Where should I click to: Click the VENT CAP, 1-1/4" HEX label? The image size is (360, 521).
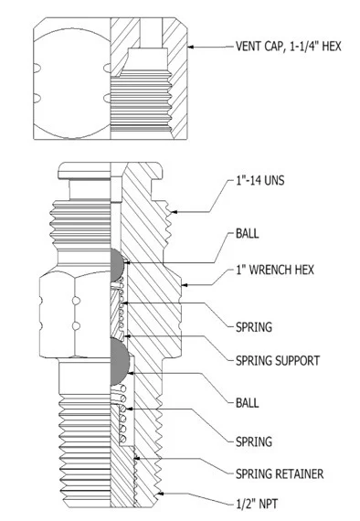coord(288,47)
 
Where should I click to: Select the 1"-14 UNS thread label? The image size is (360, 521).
coord(260,180)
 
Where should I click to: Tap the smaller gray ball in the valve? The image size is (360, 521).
coord(117,264)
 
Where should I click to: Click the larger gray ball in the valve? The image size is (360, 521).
coord(119,362)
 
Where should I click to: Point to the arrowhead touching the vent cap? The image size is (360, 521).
coord(190,47)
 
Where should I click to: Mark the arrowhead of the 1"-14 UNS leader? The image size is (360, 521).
coord(173,212)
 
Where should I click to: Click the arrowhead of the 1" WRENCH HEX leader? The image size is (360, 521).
coord(185,285)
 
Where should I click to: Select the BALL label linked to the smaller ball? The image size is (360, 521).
coord(247,233)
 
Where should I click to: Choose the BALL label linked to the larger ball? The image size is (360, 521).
coord(247,403)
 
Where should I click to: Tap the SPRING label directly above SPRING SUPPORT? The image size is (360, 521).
coord(254,327)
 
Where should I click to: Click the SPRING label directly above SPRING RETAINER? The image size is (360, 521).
coord(254,441)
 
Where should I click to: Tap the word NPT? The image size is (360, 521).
coord(268,504)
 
